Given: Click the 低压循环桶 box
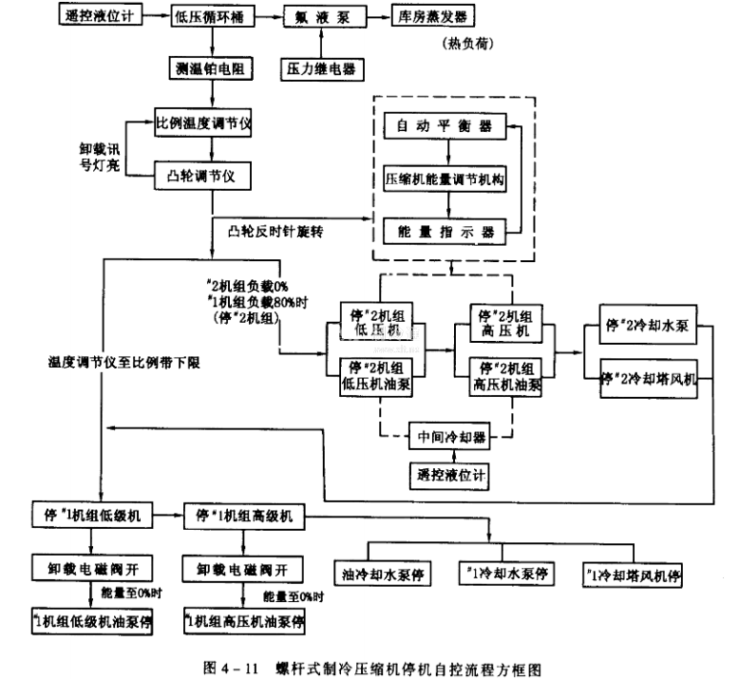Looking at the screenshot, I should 208,15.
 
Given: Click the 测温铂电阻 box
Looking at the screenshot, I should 208,70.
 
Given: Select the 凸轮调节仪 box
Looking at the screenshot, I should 202,175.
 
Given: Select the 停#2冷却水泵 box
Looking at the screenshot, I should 649,325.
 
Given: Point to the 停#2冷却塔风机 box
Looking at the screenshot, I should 649,377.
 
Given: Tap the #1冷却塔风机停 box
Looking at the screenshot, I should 635,575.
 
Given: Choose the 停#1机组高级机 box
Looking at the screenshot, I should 244,516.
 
